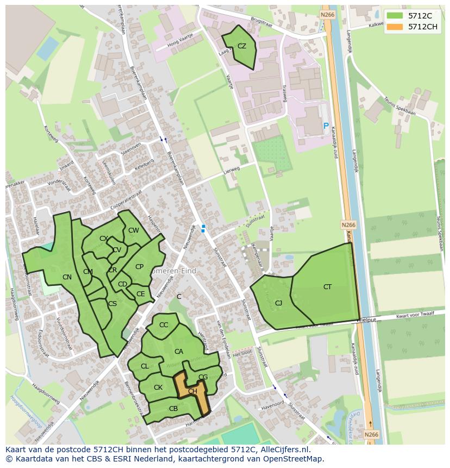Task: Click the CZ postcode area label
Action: (x=242, y=46)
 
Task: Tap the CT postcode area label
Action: (x=327, y=287)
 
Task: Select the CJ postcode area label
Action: (x=278, y=303)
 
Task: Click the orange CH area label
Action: (x=192, y=391)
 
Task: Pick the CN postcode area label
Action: (x=67, y=277)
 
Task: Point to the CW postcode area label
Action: (x=134, y=230)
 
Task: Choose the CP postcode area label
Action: (x=139, y=267)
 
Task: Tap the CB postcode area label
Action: (x=173, y=409)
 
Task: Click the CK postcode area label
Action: (x=158, y=388)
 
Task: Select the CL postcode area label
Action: (x=145, y=366)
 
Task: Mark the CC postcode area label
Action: (x=164, y=325)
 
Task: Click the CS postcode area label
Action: (x=112, y=304)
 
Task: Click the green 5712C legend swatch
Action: (x=395, y=16)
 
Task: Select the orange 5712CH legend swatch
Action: (x=395, y=26)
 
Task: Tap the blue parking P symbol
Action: (x=326, y=126)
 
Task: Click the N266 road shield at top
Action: (x=327, y=15)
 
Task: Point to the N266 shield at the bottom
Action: (x=371, y=434)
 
